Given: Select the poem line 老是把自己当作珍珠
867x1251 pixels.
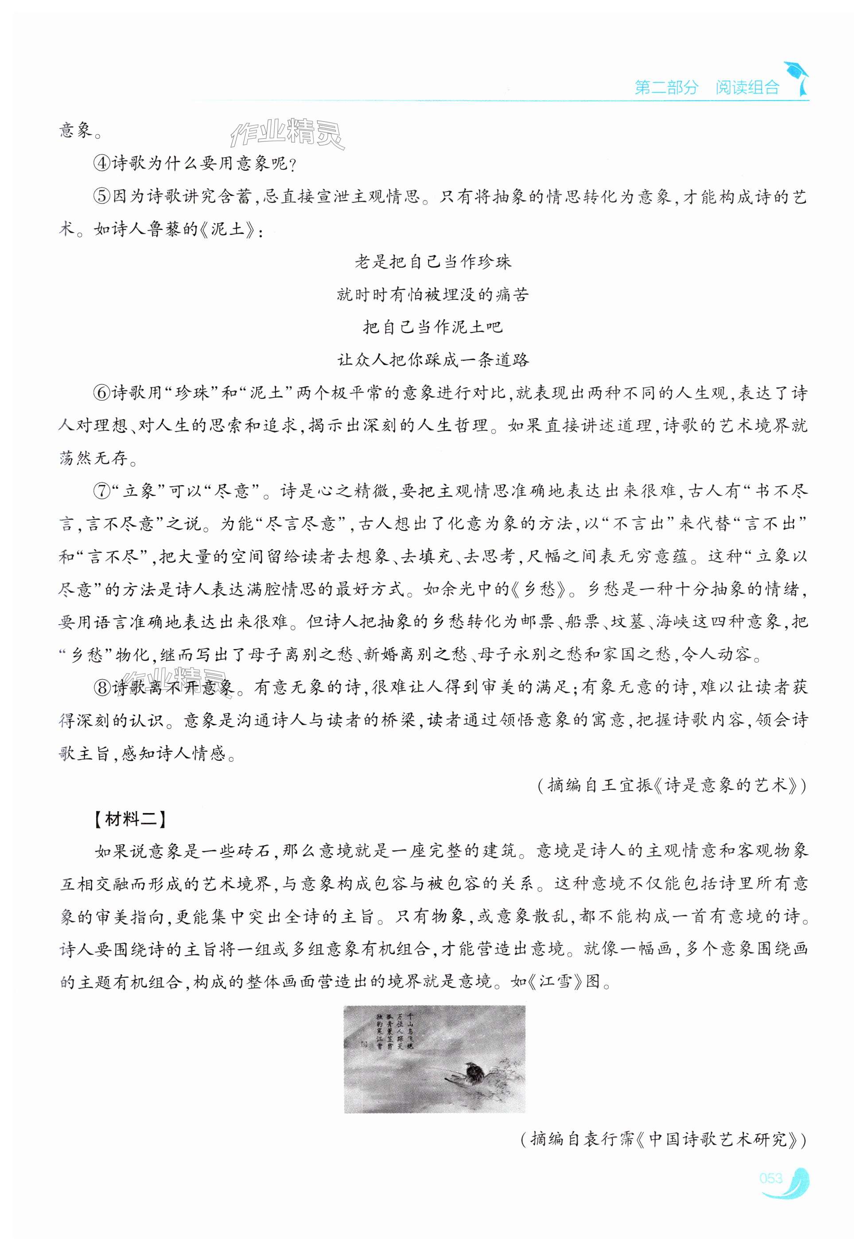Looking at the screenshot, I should (x=433, y=262).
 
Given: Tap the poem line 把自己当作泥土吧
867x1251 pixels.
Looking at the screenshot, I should (x=433, y=327).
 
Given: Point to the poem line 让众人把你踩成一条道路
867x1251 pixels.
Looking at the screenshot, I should (x=433, y=360).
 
